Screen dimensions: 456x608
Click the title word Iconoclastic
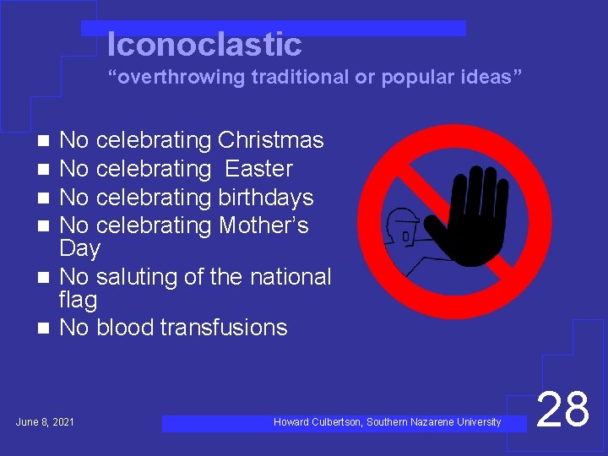point(204,44)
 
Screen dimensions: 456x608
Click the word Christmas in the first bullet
point(270,140)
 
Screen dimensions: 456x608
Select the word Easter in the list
point(258,169)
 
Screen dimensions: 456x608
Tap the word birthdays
point(266,198)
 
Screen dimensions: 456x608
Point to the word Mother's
point(263,225)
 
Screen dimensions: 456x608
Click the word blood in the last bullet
point(128,328)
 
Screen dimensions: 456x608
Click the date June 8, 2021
point(45,421)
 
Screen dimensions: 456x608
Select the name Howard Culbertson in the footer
point(318,422)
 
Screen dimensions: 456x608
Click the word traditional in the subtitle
point(301,78)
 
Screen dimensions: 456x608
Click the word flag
point(79,300)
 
